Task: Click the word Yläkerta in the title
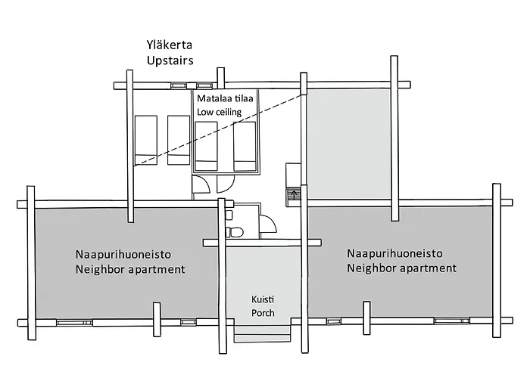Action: click(170, 44)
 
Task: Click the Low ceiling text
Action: click(219, 112)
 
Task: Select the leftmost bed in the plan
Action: click(146, 141)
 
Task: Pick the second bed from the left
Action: click(179, 141)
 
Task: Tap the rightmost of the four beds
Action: click(245, 146)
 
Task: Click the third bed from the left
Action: click(207, 146)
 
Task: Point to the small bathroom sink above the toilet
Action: click(229, 215)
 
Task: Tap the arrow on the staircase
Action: click(293, 194)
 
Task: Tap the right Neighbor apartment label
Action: click(401, 268)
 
